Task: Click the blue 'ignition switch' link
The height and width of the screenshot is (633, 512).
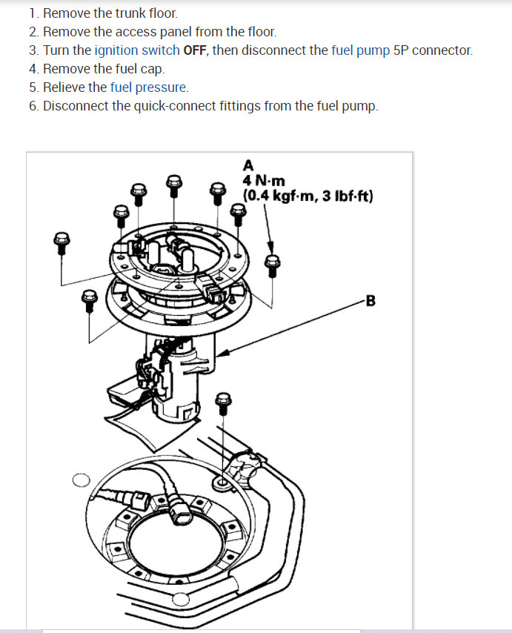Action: pyautogui.click(x=137, y=50)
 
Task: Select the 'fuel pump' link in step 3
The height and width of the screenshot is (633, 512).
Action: pyautogui.click(x=361, y=50)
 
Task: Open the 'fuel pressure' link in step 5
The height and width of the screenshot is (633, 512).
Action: pyautogui.click(x=149, y=87)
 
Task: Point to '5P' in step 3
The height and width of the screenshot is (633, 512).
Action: pyautogui.click(x=402, y=50)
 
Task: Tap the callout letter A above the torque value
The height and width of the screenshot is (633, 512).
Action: pyautogui.click(x=247, y=165)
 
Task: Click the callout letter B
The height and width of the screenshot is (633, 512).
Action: pyautogui.click(x=370, y=301)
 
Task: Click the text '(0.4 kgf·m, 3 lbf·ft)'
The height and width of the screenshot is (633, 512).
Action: pyautogui.click(x=307, y=196)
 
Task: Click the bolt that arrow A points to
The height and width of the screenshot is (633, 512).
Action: pyautogui.click(x=273, y=262)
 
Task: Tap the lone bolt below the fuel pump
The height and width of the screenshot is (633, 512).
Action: pyautogui.click(x=222, y=402)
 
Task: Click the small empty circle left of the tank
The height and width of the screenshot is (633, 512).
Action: pyautogui.click(x=81, y=480)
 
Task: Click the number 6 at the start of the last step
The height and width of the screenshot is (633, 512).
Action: pyautogui.click(x=33, y=106)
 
